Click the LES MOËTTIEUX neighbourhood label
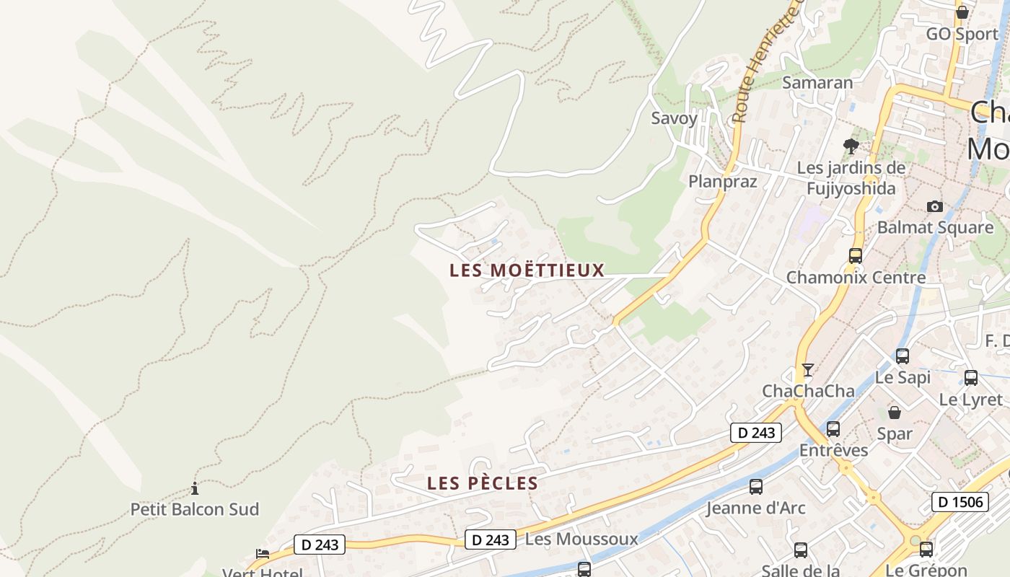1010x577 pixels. tap(527, 270)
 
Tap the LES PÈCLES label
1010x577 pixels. tap(483, 483)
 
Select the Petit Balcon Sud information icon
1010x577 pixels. tap(194, 488)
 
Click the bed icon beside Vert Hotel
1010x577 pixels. tap(263, 554)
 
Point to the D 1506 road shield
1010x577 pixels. tap(959, 502)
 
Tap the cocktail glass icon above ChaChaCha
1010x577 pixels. tap(808, 370)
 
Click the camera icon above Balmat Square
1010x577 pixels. tap(935, 207)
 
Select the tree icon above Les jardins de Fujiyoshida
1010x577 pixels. tap(851, 146)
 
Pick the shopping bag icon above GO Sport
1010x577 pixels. tap(962, 12)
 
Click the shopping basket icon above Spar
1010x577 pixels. tap(895, 413)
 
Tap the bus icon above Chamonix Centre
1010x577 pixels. tap(856, 255)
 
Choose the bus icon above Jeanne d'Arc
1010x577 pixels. tap(756, 487)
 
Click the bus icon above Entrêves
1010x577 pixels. tap(833, 429)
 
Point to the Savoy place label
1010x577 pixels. tap(675, 118)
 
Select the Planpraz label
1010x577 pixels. tap(723, 181)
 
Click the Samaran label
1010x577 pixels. tap(817, 82)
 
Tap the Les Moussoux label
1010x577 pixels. tap(581, 539)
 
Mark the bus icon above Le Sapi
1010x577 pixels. tap(903, 356)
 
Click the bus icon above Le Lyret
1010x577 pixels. tap(971, 378)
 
